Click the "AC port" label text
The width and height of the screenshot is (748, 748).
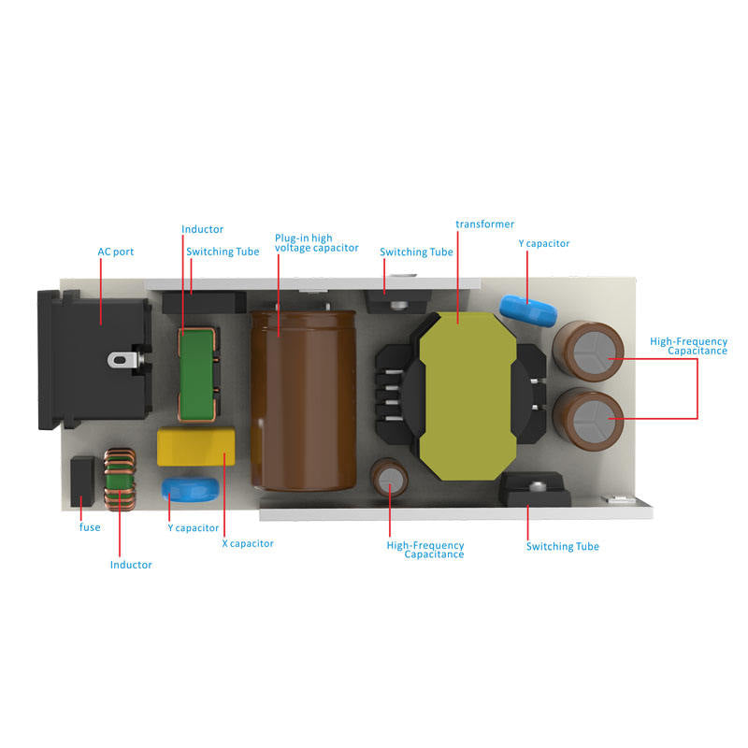pyautogui.click(x=116, y=252)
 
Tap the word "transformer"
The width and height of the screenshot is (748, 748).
pyautogui.click(x=484, y=224)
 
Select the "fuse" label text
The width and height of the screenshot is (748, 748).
pyautogui.click(x=89, y=527)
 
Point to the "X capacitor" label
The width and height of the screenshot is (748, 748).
pyautogui.click(x=247, y=543)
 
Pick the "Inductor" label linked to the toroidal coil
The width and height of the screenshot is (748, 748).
pyautogui.click(x=131, y=565)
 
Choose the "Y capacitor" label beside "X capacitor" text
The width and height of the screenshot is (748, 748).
pyautogui.click(x=193, y=527)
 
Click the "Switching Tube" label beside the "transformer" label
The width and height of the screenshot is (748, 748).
pyautogui.click(x=416, y=252)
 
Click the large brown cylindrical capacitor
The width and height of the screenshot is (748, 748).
pyautogui.click(x=302, y=397)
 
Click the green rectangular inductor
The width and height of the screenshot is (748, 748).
pyautogui.click(x=197, y=374)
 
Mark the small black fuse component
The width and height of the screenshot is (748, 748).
pyautogui.click(x=82, y=482)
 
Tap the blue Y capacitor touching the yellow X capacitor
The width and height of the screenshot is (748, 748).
pyautogui.click(x=191, y=490)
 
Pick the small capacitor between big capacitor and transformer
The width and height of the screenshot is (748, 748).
pyautogui.click(x=390, y=479)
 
